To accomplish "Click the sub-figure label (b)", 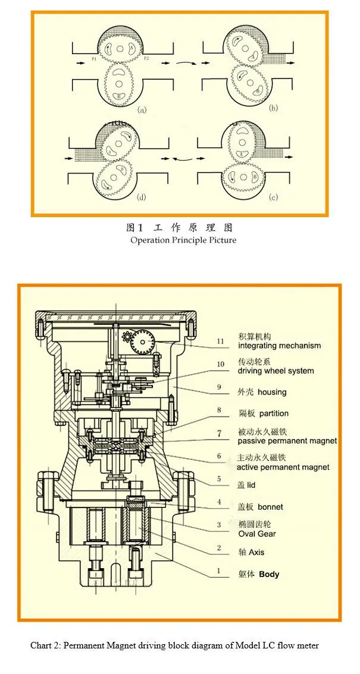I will pos(274,108).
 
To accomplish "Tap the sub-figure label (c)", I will pos(274,198).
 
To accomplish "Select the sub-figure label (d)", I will pos(142,198).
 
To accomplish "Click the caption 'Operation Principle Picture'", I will pos(183,240).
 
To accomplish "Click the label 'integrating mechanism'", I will pos(279,346).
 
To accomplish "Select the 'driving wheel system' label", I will pos(276,371).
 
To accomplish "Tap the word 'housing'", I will pos(272,392).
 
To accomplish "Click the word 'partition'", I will pos(274,413).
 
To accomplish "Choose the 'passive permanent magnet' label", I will pos(287,441).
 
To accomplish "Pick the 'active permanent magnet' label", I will pos(283,467).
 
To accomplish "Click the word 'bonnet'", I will pos(270,507).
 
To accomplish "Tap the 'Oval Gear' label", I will pos(257,534).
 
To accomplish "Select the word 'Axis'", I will pos(256,553).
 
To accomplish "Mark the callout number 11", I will pos(220,341).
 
